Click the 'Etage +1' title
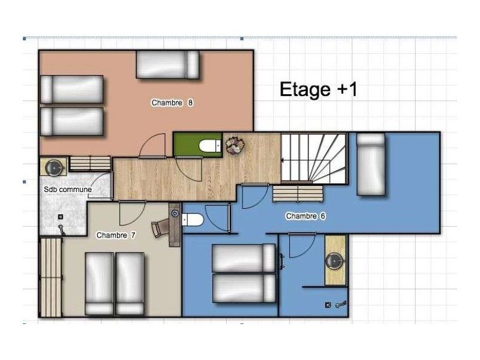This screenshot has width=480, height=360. [x=319, y=89]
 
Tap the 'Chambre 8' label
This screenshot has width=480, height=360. [x=172, y=103]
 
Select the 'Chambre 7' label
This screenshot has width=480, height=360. [x=116, y=235]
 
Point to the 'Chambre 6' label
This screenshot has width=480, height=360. [x=305, y=216]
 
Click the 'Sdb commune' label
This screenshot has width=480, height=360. [x=68, y=190]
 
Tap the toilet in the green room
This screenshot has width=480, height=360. [x=210, y=146]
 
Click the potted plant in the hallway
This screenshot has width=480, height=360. [x=235, y=145]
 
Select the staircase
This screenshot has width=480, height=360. [x=314, y=158]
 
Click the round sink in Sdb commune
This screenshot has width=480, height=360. [x=54, y=167]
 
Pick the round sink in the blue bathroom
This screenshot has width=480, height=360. [x=335, y=261]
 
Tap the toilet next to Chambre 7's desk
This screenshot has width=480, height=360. [x=193, y=220]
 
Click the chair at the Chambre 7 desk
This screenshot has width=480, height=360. [x=160, y=228]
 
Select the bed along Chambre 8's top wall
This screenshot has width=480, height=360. [x=168, y=65]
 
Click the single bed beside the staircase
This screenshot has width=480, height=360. [x=371, y=164]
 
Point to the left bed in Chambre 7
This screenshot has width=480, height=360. [x=99, y=283]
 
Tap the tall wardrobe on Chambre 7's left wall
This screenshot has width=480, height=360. [x=51, y=277]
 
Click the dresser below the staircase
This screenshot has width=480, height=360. [x=298, y=193]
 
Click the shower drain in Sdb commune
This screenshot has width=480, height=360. [x=61, y=217]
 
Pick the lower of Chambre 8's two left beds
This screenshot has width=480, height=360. [x=71, y=122]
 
